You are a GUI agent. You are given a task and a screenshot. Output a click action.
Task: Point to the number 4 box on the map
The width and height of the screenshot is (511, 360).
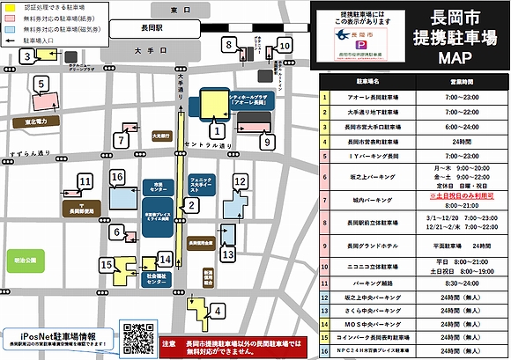tap(217, 310)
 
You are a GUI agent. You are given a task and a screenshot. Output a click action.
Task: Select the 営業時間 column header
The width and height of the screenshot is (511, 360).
tap(462, 81)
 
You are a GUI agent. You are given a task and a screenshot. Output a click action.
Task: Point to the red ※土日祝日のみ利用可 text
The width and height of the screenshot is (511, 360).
tap(460, 196)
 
